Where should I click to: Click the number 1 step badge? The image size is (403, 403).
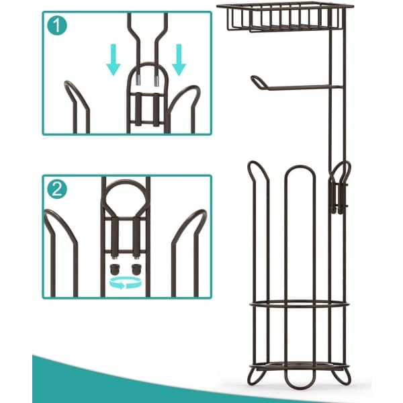[57, 26]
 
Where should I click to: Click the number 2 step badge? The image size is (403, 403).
[57, 189]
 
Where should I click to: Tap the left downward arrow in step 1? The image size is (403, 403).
[114, 60]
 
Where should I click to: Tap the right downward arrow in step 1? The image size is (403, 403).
[179, 60]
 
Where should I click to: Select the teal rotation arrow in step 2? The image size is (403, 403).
[126, 283]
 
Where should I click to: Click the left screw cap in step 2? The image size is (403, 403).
[114, 269]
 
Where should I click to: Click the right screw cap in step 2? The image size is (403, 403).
[136, 269]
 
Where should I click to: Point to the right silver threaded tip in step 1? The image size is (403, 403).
[156, 79]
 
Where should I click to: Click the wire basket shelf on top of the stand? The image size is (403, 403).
[285, 17]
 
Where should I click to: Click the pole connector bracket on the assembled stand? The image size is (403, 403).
[339, 190]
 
